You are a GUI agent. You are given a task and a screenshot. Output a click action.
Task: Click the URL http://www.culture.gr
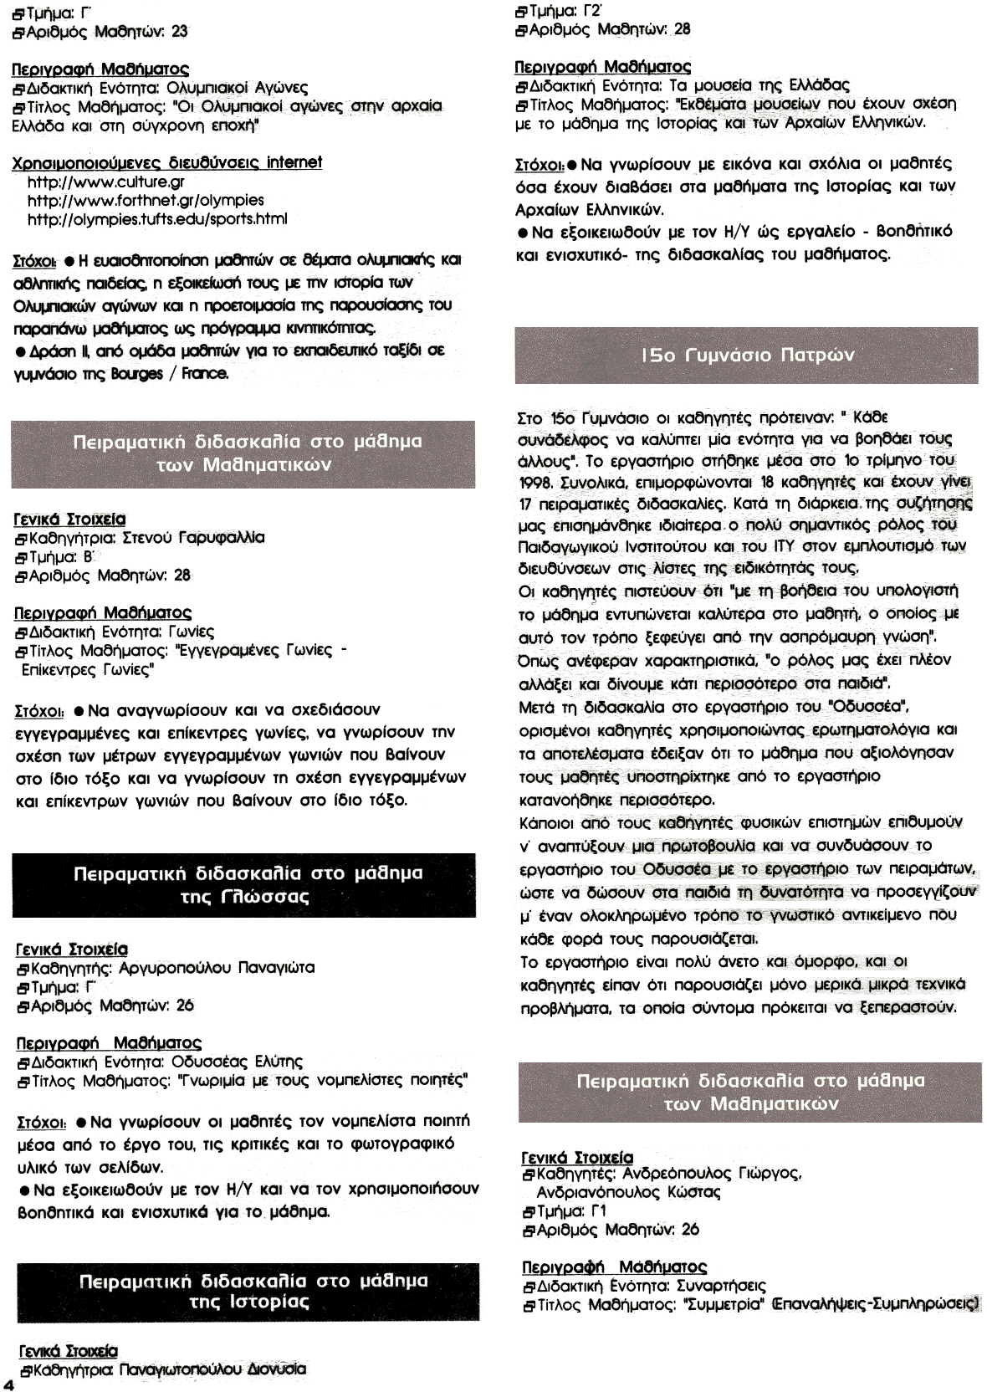[x=106, y=182]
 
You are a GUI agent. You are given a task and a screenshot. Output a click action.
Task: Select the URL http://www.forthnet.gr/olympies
[x=146, y=200]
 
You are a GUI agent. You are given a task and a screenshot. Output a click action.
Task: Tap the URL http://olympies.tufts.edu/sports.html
[x=157, y=218]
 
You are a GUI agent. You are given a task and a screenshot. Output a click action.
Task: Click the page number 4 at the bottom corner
[x=8, y=1382]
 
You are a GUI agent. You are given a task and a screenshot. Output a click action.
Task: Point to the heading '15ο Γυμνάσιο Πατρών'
[x=747, y=356]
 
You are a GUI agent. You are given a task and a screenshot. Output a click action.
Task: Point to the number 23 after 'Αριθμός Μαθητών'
[x=179, y=32]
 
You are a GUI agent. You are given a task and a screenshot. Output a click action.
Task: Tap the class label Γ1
[x=598, y=1210]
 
